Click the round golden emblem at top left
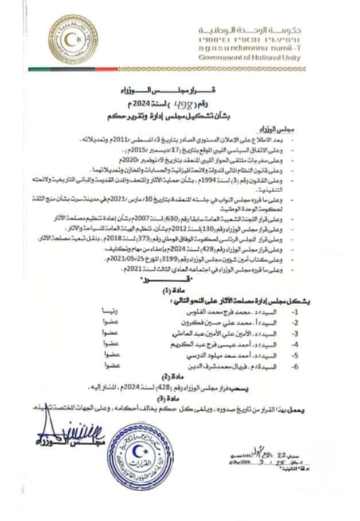point(72,39)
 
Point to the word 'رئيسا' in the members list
point(110,311)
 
